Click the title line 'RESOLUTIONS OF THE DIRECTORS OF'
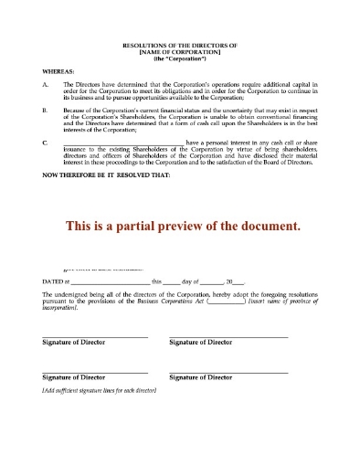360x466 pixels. point(179,45)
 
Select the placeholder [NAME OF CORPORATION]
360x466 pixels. point(179,51)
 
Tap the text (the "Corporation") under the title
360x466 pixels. point(179,58)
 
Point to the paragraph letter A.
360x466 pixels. point(46,83)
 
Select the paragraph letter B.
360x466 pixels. point(46,108)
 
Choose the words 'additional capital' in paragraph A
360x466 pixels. point(288,83)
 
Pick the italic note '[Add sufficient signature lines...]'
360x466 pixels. point(101,390)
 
